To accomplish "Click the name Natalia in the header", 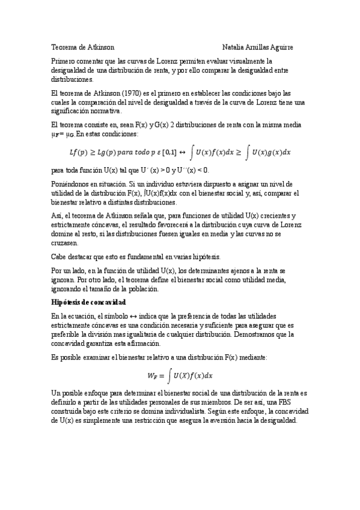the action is pyautogui.click(x=233, y=46).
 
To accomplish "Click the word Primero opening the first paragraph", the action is pyautogui.click(x=63, y=61).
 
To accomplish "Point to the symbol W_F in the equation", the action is pyautogui.click(x=155, y=376).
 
